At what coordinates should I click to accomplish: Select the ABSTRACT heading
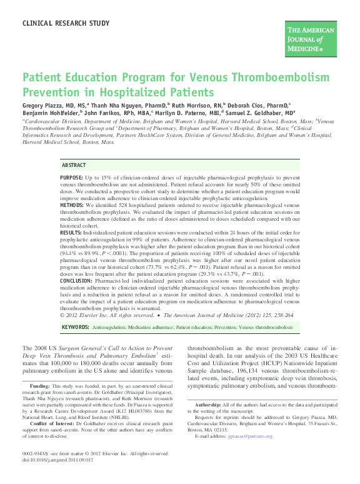click(x=74, y=165)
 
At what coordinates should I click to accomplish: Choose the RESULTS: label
click(x=71, y=231)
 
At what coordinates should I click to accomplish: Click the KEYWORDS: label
click(x=75, y=327)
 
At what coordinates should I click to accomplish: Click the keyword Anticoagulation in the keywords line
click(x=110, y=327)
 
